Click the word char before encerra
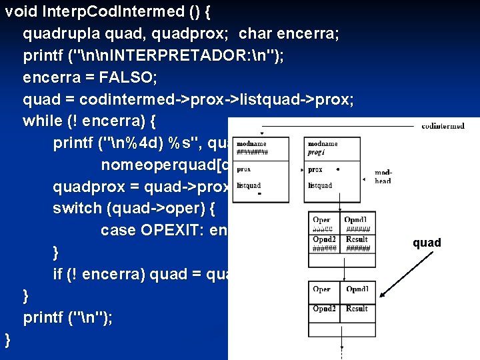256,33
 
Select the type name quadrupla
60,33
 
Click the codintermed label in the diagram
443,125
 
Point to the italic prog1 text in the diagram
315,152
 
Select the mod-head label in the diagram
383,175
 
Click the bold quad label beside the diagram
427,243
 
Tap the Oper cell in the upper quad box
321,220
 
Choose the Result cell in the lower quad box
357,309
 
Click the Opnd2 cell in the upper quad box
324,239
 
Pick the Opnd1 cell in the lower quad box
357,289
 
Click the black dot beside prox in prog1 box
338,169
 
